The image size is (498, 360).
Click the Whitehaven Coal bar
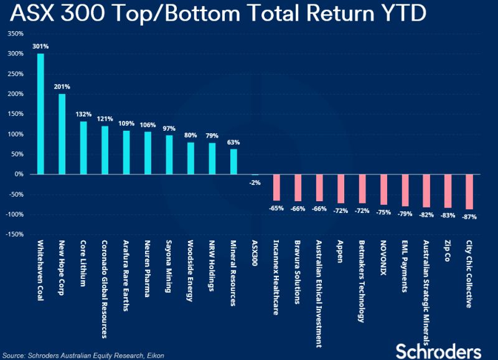click(x=41, y=113)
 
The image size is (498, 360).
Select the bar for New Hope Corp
click(x=62, y=134)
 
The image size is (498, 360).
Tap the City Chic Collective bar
click(x=469, y=192)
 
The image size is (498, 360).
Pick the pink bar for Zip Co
click(x=448, y=191)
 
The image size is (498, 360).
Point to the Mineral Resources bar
click(x=233, y=161)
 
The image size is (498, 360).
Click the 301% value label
click(x=41, y=45)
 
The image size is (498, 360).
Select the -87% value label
click(x=469, y=217)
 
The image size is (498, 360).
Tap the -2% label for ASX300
click(x=255, y=182)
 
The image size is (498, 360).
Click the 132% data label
click(x=83, y=114)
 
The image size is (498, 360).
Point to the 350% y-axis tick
click(x=15, y=34)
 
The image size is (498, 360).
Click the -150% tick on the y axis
click(x=14, y=234)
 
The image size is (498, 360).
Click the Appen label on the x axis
click(x=340, y=251)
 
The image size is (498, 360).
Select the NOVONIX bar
click(x=383, y=189)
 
